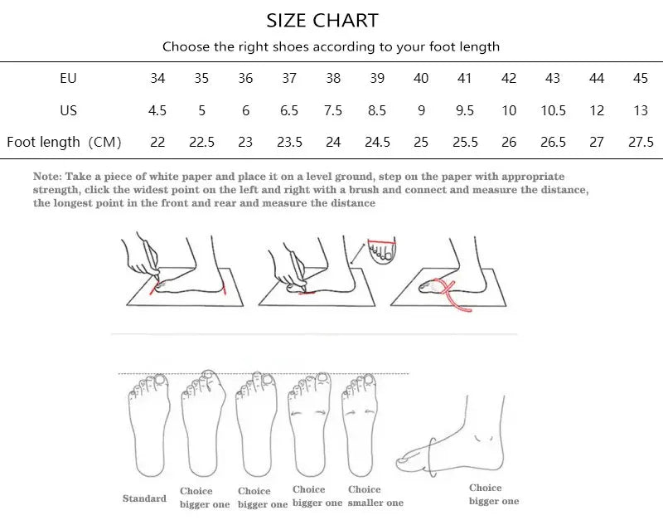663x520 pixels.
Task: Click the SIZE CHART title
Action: click(322, 20)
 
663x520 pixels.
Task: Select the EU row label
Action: click(68, 79)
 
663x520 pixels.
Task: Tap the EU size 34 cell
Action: click(157, 79)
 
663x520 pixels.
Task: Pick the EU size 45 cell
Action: click(641, 79)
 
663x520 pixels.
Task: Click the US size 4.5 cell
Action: click(157, 110)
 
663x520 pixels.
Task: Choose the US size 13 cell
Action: click(641, 110)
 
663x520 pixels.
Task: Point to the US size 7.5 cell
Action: click(333, 110)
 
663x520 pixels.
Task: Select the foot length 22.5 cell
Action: click(201, 142)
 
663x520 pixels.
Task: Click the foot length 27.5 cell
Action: click(641, 142)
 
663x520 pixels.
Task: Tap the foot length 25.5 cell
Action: click(465, 142)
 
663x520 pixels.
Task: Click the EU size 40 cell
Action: click(421, 79)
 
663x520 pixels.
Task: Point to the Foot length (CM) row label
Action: click(64, 142)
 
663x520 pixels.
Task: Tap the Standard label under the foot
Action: click(144, 498)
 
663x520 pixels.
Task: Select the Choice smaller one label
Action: click(375, 496)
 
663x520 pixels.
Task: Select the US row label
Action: click(68, 110)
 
